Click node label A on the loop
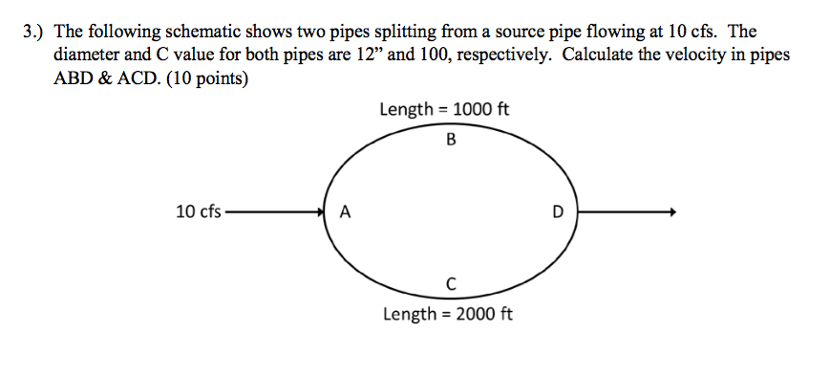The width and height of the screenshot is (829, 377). [x=345, y=213]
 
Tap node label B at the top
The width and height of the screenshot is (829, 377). [x=451, y=141]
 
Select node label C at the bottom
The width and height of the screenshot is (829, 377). [x=450, y=282]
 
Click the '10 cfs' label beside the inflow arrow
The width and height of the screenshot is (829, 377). [x=199, y=211]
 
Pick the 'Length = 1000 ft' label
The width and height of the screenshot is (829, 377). [x=444, y=109]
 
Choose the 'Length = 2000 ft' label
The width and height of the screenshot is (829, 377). [x=447, y=313]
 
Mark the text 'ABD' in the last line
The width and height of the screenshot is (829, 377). [x=75, y=78]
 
